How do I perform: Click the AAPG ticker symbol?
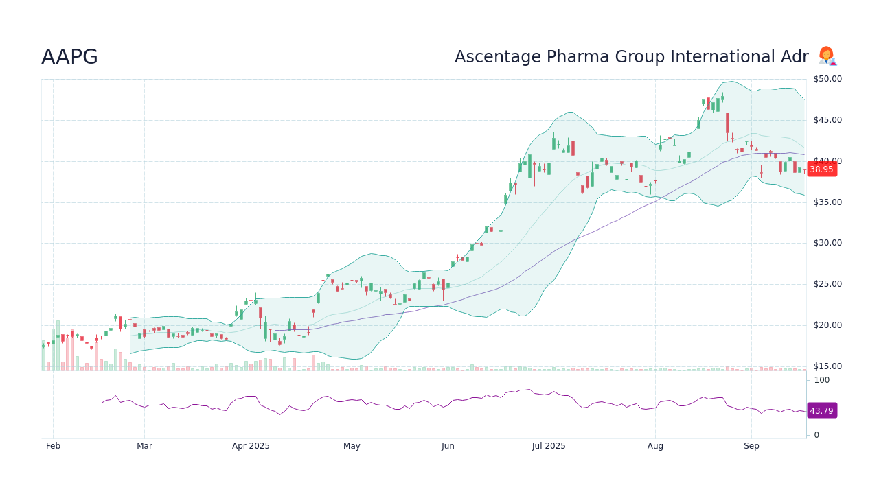tap(69, 57)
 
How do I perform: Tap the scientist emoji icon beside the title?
tap(827, 56)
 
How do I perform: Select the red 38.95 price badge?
tap(821, 169)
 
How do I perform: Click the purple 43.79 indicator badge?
tap(821, 411)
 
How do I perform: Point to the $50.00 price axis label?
tap(827, 79)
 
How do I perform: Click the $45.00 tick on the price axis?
tap(827, 120)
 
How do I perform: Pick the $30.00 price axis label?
tap(827, 243)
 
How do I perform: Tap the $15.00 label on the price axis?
tap(827, 366)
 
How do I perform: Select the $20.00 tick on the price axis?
tap(827, 325)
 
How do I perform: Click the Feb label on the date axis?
tap(54, 446)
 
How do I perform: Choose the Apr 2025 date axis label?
tap(251, 446)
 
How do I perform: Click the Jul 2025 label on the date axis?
tap(549, 446)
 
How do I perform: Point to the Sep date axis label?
tap(751, 446)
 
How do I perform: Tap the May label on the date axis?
tap(352, 446)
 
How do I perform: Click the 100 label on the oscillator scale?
tap(821, 380)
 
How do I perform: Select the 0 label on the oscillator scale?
tap(817, 435)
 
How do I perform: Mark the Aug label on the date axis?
tap(655, 446)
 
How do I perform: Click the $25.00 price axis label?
tap(827, 284)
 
